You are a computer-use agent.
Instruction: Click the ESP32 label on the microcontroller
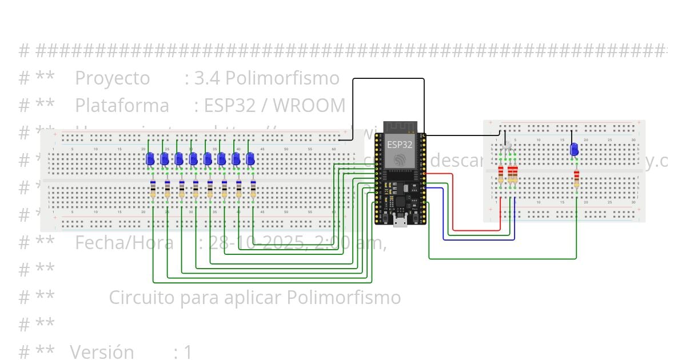click(x=400, y=145)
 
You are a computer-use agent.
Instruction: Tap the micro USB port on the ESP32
click(x=400, y=222)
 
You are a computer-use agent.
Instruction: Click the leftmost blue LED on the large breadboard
click(x=150, y=159)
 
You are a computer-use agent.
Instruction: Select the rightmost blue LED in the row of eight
click(x=250, y=159)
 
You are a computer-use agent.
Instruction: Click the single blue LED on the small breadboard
click(x=574, y=150)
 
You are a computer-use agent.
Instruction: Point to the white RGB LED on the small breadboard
click(x=507, y=146)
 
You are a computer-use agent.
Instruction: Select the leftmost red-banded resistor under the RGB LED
click(x=501, y=175)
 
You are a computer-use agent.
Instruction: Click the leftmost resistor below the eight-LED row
click(x=153, y=189)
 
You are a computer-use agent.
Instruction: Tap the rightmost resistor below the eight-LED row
click(x=253, y=189)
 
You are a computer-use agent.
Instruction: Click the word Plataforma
click(x=122, y=106)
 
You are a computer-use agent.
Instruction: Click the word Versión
click(x=102, y=352)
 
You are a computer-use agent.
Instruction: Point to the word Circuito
click(x=142, y=298)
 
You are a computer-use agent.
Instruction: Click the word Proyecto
click(x=112, y=78)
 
